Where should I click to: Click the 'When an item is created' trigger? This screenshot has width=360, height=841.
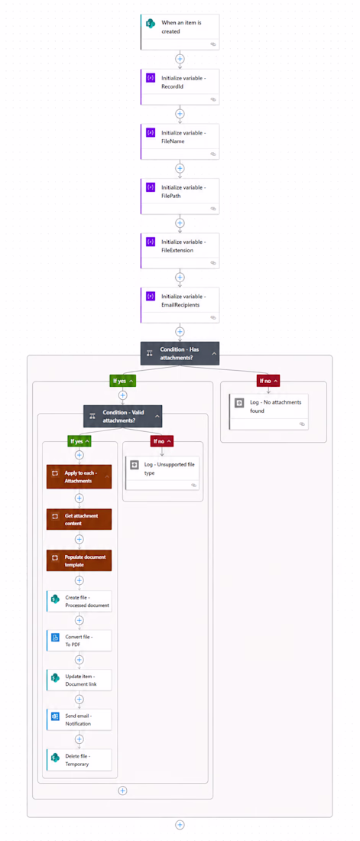[x=180, y=31]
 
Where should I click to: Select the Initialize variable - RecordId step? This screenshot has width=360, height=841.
[x=180, y=86]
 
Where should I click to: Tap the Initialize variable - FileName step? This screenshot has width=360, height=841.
[x=180, y=141]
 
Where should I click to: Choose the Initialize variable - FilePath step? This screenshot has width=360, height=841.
[x=180, y=196]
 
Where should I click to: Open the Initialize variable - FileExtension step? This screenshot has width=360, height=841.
[x=180, y=251]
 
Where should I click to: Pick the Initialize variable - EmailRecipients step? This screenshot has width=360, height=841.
[x=180, y=305]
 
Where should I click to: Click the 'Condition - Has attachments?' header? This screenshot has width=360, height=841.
[x=180, y=353]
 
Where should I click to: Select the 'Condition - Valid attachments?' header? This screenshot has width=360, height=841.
[x=123, y=416]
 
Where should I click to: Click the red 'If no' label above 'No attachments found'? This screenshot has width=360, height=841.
[x=268, y=380]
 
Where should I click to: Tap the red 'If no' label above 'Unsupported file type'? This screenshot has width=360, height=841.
[x=161, y=441]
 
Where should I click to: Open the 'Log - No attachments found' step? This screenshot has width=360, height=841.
[x=269, y=412]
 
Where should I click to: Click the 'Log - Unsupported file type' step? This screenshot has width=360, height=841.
[x=162, y=472]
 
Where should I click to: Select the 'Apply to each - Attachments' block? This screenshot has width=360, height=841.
[x=79, y=477]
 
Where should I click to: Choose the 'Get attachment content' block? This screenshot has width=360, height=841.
[x=79, y=518]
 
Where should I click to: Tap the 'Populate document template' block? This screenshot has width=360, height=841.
[x=79, y=560]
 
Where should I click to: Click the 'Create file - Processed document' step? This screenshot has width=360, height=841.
[x=79, y=601]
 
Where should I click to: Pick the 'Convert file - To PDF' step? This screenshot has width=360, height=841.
[x=79, y=641]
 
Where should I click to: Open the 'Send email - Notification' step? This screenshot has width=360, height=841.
[x=79, y=719]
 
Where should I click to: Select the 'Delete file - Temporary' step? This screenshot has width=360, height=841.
[x=79, y=759]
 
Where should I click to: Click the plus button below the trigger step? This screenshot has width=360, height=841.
[x=180, y=58]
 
